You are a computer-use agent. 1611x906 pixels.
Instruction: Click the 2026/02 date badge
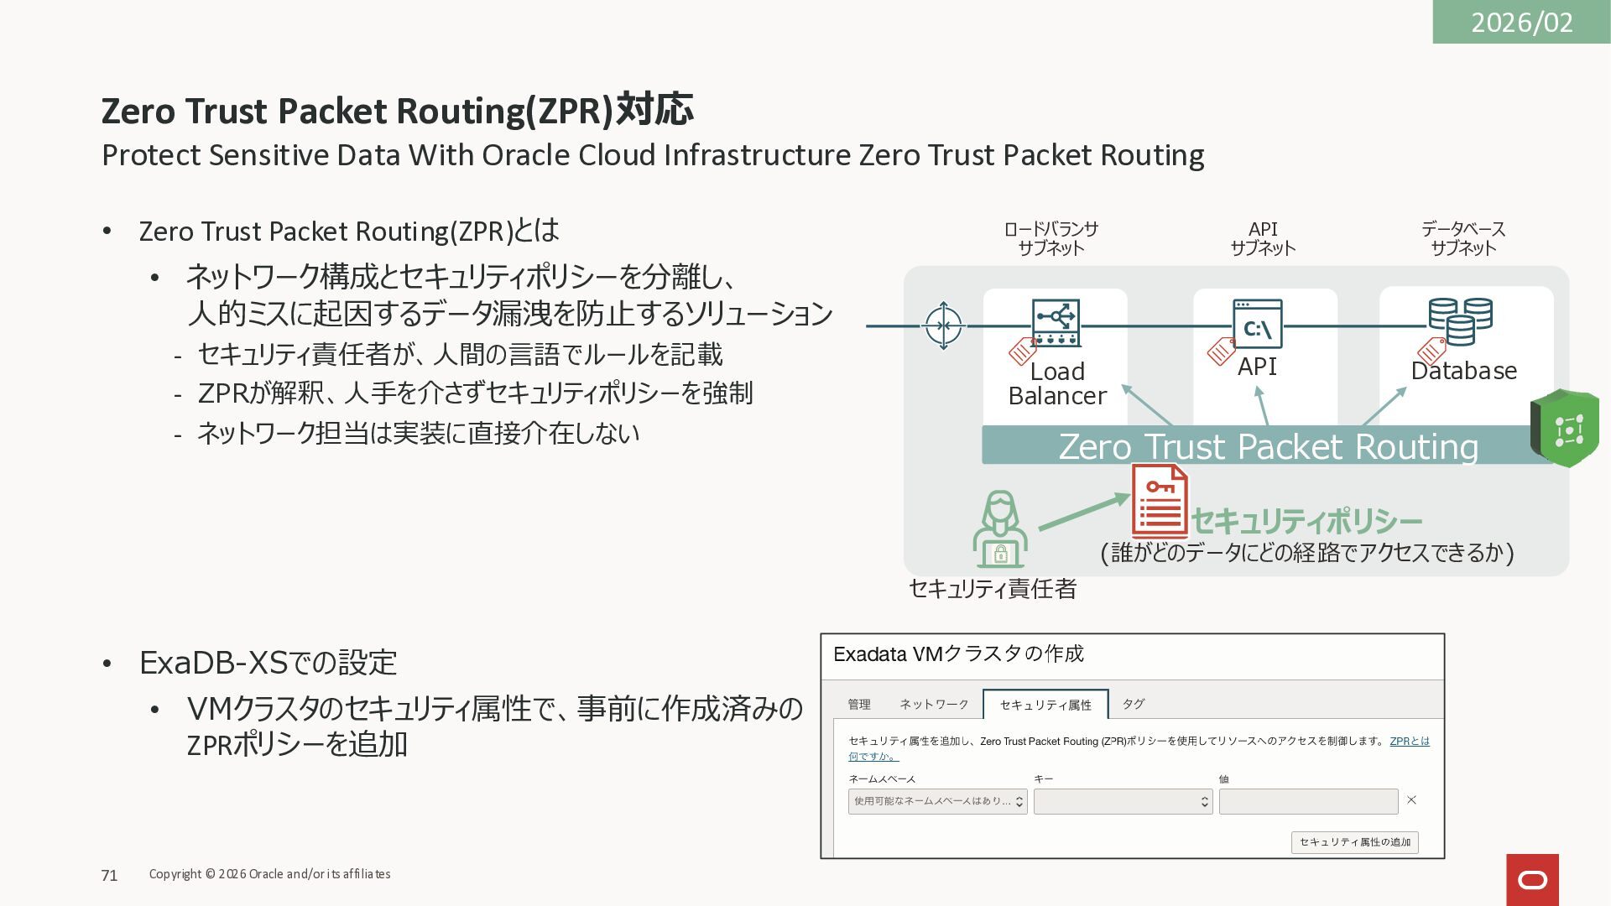tap(1520, 22)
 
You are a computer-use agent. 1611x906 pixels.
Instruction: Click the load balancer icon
tap(1056, 323)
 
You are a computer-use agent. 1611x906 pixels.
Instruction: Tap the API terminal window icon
tap(1257, 324)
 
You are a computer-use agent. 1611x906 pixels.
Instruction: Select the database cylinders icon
tap(1460, 321)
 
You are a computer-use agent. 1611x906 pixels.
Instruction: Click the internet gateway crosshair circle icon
tap(943, 325)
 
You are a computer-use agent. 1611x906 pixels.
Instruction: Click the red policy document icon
tap(1160, 502)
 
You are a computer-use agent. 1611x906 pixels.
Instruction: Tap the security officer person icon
tap(999, 530)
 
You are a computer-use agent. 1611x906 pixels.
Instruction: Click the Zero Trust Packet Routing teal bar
tap(1267, 445)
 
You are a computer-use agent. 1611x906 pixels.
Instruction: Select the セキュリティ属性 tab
tap(1045, 705)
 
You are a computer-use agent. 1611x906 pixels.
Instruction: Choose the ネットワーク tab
tap(934, 704)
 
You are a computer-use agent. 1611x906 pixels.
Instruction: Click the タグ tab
tap(1133, 704)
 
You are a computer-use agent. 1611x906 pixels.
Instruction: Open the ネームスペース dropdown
tap(937, 801)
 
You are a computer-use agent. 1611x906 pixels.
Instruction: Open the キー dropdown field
tap(1123, 802)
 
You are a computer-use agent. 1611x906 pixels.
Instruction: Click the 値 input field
tap(1308, 802)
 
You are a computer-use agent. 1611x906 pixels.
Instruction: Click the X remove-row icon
tap(1411, 800)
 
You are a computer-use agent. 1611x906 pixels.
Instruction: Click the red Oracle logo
tap(1532, 880)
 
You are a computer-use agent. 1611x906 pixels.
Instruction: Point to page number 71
tap(109, 876)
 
